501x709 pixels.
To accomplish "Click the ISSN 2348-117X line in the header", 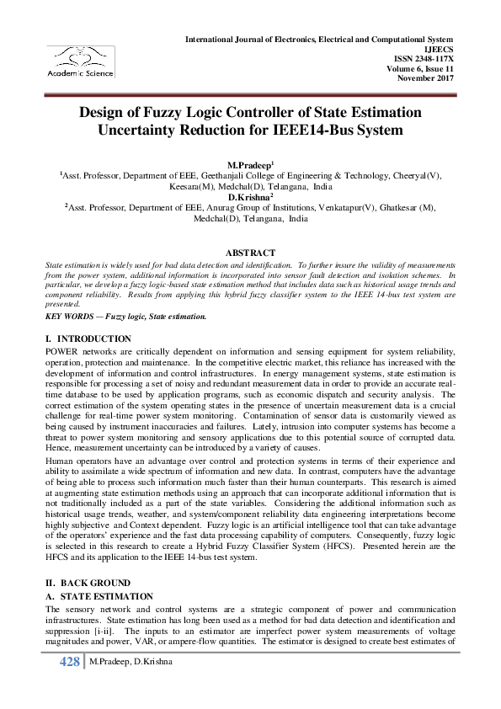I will coord(418,59).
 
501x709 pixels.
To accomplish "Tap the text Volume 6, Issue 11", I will coord(419,68).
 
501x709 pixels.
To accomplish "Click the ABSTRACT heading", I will coord(250,253).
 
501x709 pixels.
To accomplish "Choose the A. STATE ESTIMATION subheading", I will coord(99,595).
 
